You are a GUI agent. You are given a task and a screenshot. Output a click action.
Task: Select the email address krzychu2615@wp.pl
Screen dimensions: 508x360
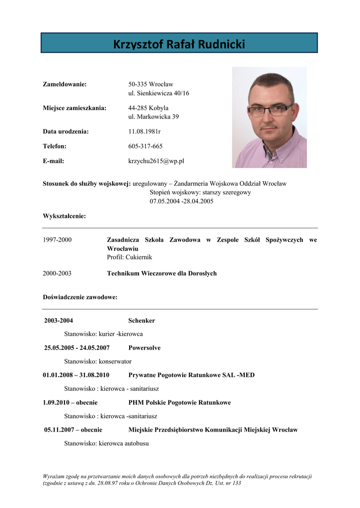pos(156,161)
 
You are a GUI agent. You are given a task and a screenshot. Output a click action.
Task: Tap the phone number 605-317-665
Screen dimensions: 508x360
pos(145,146)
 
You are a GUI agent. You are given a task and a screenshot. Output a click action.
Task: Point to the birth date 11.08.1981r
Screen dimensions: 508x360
pos(144,131)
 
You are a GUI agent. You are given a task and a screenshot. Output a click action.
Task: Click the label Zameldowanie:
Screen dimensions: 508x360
pos(65,84)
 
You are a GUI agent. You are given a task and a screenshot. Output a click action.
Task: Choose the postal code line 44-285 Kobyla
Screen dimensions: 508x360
pos(148,108)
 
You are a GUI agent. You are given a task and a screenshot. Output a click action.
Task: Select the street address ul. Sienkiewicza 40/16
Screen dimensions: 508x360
pos(158,93)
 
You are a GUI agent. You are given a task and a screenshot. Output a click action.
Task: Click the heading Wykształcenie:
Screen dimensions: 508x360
pos(64,216)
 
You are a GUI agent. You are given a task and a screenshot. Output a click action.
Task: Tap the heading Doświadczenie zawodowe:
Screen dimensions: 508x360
pos(80,297)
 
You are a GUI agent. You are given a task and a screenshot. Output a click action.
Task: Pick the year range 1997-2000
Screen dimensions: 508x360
pos(57,240)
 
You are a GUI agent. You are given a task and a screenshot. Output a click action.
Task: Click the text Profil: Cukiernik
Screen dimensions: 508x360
pos(129,257)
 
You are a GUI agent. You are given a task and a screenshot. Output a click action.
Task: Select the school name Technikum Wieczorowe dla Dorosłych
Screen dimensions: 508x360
pos(162,273)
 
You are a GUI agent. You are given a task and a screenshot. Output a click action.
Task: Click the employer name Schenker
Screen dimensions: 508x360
pos(142,321)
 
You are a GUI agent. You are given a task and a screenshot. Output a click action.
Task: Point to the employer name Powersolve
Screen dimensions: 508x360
pos(144,348)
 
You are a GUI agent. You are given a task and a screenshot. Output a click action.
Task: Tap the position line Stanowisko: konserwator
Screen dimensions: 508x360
pos(98,362)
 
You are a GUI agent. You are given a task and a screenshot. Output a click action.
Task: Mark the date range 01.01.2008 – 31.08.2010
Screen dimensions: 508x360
pos(76,375)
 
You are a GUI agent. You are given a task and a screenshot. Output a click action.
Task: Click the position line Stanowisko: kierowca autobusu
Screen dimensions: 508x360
pos(106,444)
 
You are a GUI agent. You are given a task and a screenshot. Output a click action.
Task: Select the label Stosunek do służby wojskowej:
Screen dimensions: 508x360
pos(86,184)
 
